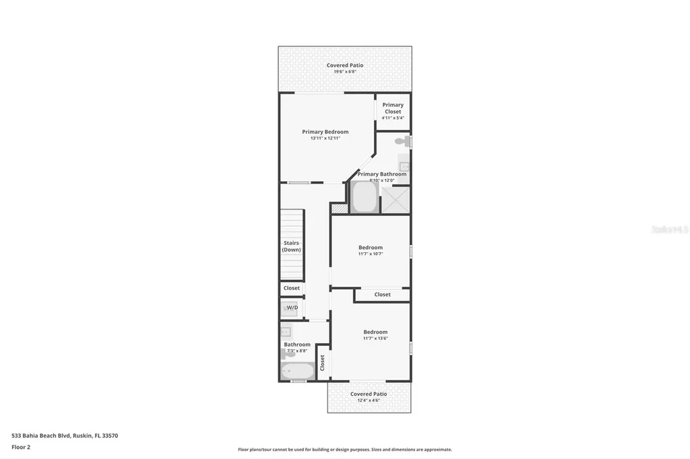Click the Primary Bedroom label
coord(325,132)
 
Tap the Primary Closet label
coord(393,108)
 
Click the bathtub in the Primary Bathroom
coord(365,197)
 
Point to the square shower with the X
coord(396,200)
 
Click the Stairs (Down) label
coord(292,246)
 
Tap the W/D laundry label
coord(292,308)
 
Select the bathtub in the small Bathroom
coord(298,371)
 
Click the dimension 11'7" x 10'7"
coord(371,254)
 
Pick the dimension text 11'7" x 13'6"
coord(375,338)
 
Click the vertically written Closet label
coord(323,363)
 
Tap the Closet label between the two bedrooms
coord(383,295)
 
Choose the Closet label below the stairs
coord(292,288)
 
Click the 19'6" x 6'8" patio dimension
coord(345,71)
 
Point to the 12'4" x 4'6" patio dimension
coord(369,400)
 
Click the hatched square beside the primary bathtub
coord(340,209)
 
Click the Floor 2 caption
coord(22,447)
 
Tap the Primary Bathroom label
coord(382,174)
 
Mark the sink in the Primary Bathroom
coord(404,164)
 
